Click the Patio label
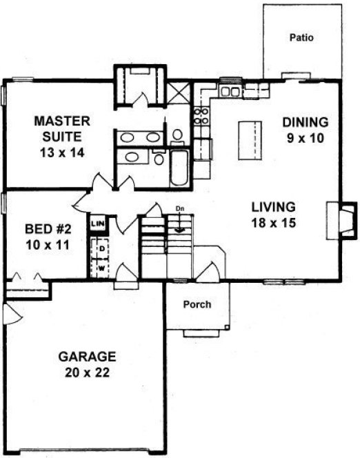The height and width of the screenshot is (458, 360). (x=301, y=38)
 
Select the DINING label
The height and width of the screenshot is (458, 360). (x=306, y=122)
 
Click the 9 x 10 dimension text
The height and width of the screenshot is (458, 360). (x=306, y=137)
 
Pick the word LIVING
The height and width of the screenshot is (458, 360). (x=273, y=206)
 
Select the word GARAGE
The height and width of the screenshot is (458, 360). (x=86, y=357)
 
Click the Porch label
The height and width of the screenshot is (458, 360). (x=197, y=304)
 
